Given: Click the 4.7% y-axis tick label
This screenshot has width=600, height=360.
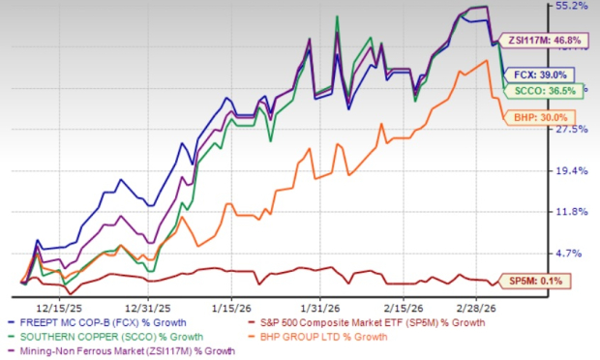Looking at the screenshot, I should pos(574,253).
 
